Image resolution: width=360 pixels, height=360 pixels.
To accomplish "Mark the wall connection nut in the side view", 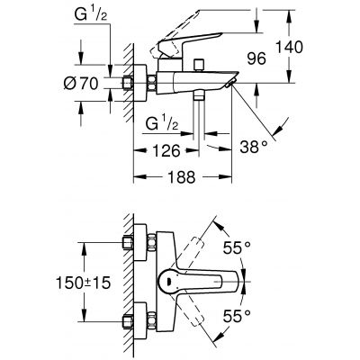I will coord(130,85).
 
